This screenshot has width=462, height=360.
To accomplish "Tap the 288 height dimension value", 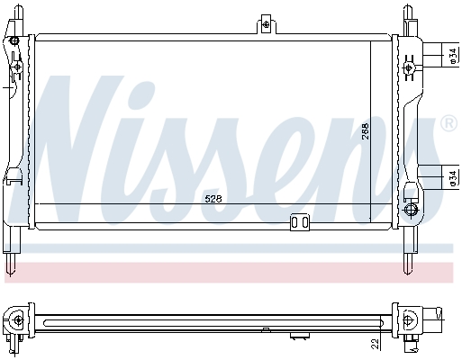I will click(x=366, y=130).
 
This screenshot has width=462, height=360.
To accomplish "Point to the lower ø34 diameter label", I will click(x=451, y=179).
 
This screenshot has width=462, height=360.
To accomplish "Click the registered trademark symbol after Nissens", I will click(x=448, y=123).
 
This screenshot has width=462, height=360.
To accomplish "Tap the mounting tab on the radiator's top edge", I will click(x=265, y=24).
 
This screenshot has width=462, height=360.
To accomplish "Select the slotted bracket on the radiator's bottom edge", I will click(x=299, y=222).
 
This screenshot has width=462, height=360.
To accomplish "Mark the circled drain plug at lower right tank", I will click(x=412, y=211).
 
